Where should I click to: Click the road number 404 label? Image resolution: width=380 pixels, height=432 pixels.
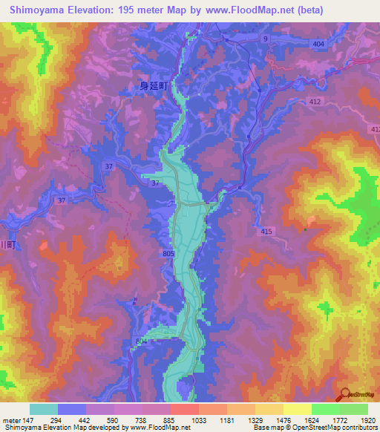[319, 45]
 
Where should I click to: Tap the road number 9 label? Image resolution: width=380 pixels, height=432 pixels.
[265, 38]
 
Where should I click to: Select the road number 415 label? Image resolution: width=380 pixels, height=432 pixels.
[267, 232]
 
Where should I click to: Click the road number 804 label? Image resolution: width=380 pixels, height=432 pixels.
[142, 341]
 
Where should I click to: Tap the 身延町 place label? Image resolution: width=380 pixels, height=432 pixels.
[156, 86]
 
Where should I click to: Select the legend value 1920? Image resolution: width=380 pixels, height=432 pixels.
[364, 420]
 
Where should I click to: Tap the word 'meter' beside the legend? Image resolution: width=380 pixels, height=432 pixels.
[12, 420]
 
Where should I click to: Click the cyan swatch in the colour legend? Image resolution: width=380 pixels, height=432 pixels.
[44, 409]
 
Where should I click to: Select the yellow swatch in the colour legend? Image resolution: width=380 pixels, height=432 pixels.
[297, 409]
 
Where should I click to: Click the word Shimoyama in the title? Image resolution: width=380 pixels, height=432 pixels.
[41, 10]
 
